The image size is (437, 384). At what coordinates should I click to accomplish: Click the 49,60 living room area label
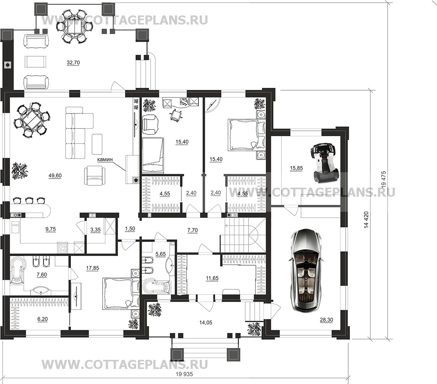click(x=55, y=176)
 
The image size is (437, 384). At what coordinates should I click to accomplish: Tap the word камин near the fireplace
click(x=105, y=160)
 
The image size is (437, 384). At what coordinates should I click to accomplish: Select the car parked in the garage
click(x=306, y=270)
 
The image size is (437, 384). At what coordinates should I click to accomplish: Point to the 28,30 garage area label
click(x=326, y=320)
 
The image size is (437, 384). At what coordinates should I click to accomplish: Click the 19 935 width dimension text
click(x=184, y=374)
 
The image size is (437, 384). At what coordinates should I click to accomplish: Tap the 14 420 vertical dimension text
click(x=366, y=220)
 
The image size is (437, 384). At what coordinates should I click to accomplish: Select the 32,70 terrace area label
click(x=73, y=63)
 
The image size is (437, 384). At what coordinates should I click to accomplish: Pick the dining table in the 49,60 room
click(x=31, y=120)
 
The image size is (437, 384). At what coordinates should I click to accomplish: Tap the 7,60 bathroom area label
click(x=42, y=275)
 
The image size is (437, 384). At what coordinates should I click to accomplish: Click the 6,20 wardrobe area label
click(x=42, y=319)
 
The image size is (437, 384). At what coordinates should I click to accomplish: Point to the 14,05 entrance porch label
click(x=206, y=323)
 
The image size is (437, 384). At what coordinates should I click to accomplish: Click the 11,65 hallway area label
click(x=212, y=278)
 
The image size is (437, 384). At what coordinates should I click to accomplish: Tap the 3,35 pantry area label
click(x=95, y=230)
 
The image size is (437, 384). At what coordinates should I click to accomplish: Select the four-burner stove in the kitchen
click(x=63, y=247)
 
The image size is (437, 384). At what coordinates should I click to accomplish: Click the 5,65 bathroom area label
click(x=160, y=254)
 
